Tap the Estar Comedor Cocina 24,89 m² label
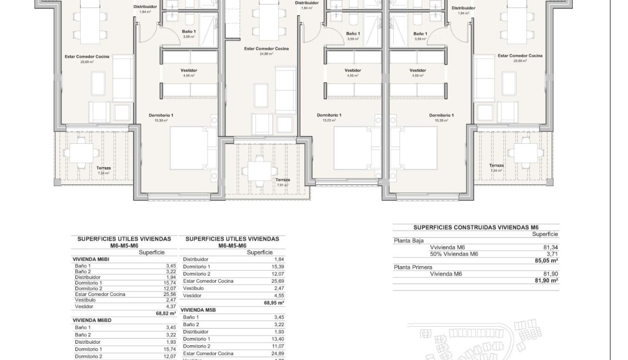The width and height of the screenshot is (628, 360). click(x=266, y=51)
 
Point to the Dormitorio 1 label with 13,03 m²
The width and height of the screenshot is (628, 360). click(x=329, y=117)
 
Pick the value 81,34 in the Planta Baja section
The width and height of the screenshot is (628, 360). click(x=550, y=247)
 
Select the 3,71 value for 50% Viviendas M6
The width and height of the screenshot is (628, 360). click(x=552, y=254)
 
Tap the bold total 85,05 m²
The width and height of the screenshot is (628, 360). click(x=546, y=260)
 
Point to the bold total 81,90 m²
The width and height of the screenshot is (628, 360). click(x=546, y=280)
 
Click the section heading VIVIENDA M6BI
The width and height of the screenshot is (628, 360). click(x=91, y=259)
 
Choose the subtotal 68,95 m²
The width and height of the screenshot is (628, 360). click(x=274, y=302)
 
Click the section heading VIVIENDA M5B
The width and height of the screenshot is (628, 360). click(x=199, y=310)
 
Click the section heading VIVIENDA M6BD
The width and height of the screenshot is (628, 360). click(x=92, y=320)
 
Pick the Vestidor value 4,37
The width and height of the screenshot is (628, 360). click(x=170, y=307)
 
